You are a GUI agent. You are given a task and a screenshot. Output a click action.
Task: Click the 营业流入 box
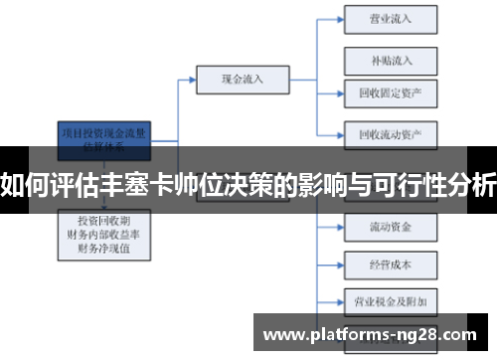[391, 18]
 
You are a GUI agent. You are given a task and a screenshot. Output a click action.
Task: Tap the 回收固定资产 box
[391, 93]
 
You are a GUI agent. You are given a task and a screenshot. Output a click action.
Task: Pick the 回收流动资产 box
[391, 133]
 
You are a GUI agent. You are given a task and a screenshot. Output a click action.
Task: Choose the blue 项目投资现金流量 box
[105, 136]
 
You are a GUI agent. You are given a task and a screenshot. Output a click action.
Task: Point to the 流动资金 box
[391, 226]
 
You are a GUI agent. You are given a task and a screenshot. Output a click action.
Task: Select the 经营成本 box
[391, 265]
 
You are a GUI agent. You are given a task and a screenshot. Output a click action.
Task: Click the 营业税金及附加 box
[391, 298]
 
